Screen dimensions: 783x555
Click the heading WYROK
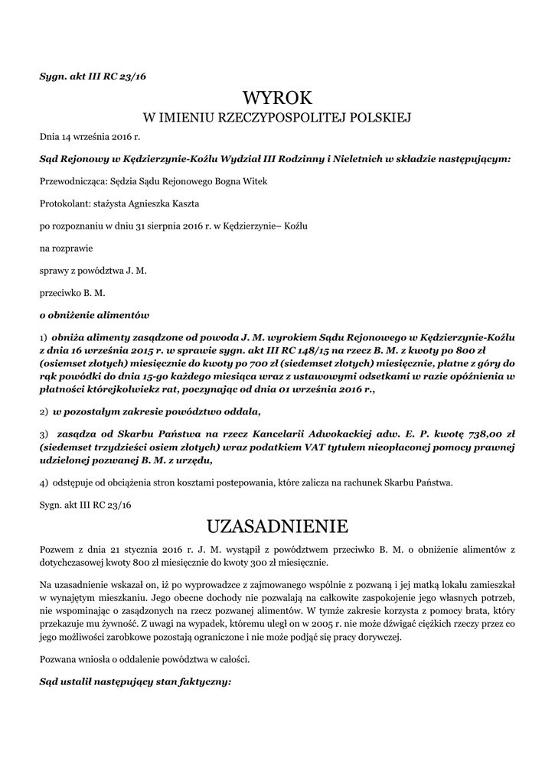click(277, 98)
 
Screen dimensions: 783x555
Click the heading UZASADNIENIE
click(277, 526)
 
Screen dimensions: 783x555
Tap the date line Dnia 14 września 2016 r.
click(90, 137)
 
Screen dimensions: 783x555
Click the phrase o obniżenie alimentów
click(94, 314)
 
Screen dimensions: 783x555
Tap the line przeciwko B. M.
click(73, 292)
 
